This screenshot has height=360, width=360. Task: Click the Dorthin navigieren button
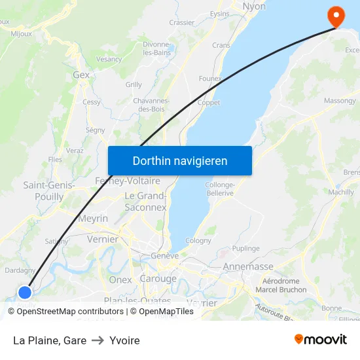pyautogui.click(x=180, y=160)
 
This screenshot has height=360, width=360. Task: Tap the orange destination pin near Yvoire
pyautogui.click(x=336, y=16)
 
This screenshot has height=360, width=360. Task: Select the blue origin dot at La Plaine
pyautogui.click(x=25, y=293)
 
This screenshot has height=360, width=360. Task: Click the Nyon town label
pyautogui.click(x=254, y=7)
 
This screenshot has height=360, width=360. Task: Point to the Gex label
pyautogui.click(x=81, y=75)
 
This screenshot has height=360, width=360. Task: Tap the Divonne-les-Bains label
pyautogui.click(x=156, y=48)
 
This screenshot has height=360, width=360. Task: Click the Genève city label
pyautogui.click(x=164, y=256)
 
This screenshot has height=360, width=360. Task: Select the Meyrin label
pyautogui.click(x=93, y=219)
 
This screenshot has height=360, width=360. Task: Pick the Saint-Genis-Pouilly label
pyautogui.click(x=48, y=190)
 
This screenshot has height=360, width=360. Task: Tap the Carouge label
pyautogui.click(x=158, y=279)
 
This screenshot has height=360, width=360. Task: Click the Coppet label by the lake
pyautogui.click(x=209, y=103)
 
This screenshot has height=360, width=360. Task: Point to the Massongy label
pyautogui.click(x=340, y=101)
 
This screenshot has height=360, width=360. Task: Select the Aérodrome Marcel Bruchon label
pyautogui.click(x=281, y=286)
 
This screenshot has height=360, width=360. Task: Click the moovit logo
pyautogui.click(x=320, y=340)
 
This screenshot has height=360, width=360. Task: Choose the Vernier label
pyautogui.click(x=103, y=240)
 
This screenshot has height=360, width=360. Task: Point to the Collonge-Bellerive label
pyautogui.click(x=220, y=189)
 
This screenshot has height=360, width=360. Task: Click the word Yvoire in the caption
pyautogui.click(x=124, y=340)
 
